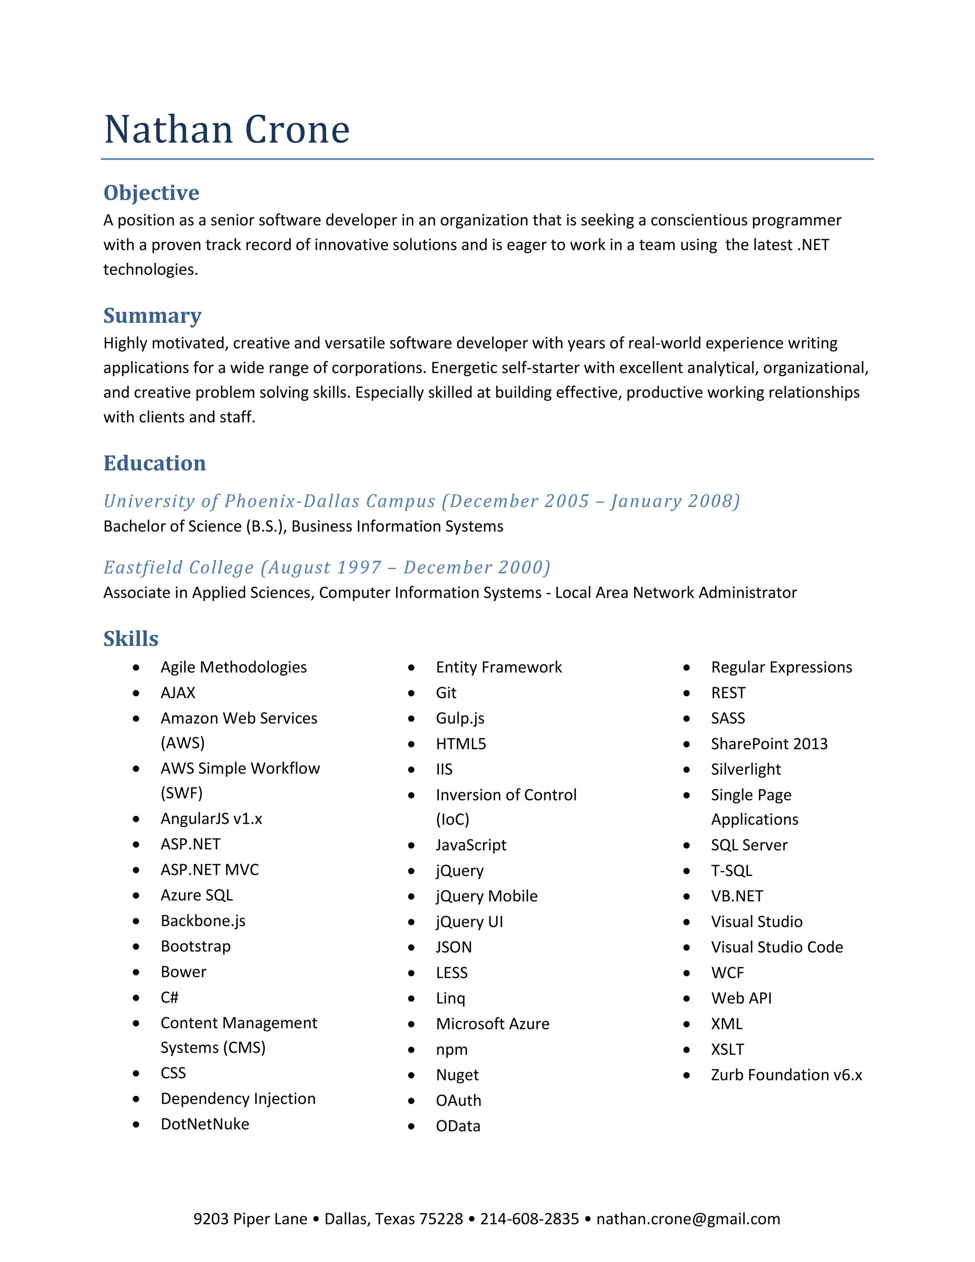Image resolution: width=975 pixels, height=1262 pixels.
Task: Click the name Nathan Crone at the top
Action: (x=227, y=130)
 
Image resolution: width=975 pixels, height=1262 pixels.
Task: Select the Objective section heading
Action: (x=151, y=192)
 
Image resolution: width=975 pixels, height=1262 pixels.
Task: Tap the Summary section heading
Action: (x=152, y=315)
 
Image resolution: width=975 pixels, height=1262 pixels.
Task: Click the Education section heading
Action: (x=154, y=463)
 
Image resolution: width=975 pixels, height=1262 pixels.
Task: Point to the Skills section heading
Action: (x=130, y=639)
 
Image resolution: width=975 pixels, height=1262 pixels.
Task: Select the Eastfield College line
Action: (x=327, y=568)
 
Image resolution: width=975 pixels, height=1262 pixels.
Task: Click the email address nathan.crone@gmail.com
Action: (x=688, y=1219)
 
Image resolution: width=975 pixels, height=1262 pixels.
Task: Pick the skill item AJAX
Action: (x=178, y=693)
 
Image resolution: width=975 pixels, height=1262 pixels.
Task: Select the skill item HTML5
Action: (x=461, y=744)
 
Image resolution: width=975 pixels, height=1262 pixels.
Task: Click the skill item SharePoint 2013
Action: (x=769, y=744)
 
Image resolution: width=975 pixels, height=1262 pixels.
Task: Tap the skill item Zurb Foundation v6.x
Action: (x=786, y=1075)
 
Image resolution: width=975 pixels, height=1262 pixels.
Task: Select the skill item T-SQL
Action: (x=731, y=871)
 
